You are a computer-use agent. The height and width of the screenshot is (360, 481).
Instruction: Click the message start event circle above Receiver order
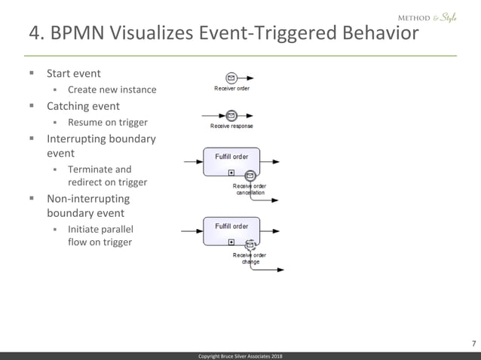231,78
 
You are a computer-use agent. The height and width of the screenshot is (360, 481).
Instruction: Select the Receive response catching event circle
231,115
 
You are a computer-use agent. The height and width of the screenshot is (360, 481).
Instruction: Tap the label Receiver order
231,89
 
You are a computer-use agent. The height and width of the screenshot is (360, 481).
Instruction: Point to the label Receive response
231,126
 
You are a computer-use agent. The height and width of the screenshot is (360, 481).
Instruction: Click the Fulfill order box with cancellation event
231,161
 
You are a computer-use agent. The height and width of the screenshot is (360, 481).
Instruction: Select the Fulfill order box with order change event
231,230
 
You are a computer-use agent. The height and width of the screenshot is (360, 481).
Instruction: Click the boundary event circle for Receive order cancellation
250,175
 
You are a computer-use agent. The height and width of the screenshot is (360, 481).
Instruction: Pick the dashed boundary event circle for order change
250,245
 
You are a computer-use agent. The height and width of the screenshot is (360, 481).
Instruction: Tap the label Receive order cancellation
250,189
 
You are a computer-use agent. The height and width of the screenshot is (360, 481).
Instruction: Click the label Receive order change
250,258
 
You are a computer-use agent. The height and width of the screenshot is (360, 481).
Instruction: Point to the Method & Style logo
426,17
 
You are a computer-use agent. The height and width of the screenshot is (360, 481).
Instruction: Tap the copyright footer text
240,355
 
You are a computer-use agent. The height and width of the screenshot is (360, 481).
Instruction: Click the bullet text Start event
74,74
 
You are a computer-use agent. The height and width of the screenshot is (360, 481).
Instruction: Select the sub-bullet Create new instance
112,90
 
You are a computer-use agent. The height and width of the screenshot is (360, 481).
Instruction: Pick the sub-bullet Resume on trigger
107,122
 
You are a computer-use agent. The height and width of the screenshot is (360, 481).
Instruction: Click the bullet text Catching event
83,106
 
